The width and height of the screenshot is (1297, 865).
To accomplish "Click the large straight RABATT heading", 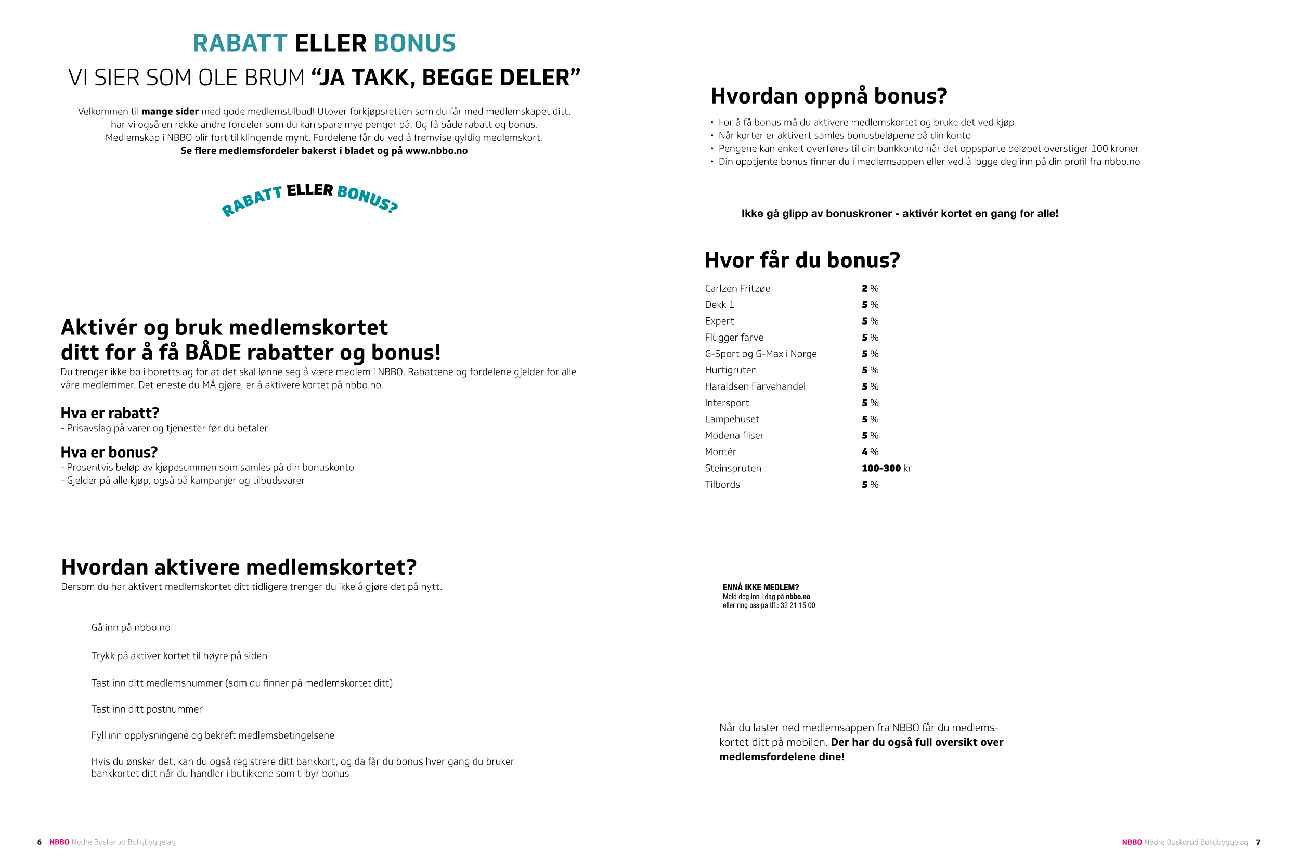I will [240, 44].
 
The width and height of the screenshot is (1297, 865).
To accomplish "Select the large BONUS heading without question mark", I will [414, 44].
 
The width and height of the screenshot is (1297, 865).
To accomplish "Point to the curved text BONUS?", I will [367, 199].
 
